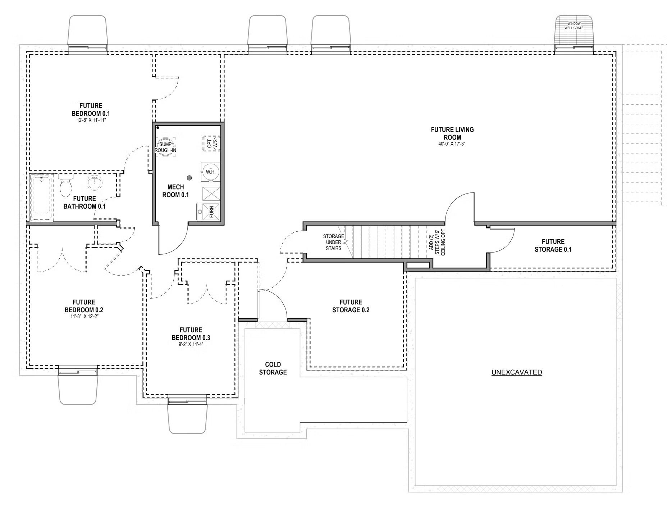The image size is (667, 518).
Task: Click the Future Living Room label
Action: [x=452, y=133]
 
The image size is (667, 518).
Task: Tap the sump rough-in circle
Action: [x=165, y=147]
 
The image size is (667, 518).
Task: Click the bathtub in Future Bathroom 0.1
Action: [x=41, y=198]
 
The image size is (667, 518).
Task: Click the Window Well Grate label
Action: [x=574, y=26]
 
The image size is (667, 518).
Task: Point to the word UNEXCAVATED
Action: [x=516, y=372]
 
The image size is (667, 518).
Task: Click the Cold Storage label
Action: [x=273, y=368]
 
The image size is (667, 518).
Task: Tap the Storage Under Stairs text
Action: [x=333, y=242]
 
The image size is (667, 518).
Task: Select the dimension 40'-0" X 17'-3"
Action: [x=452, y=144]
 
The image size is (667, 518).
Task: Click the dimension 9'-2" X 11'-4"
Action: [x=191, y=344]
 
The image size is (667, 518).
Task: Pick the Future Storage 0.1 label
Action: [x=553, y=245]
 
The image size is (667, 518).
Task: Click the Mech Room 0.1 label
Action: [x=175, y=191]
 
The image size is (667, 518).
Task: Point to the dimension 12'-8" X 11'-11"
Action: [x=91, y=120]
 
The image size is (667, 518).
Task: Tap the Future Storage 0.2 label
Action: [x=351, y=306]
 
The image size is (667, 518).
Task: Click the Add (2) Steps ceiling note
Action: [x=437, y=242]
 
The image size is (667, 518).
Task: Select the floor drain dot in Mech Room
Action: [x=189, y=178]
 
